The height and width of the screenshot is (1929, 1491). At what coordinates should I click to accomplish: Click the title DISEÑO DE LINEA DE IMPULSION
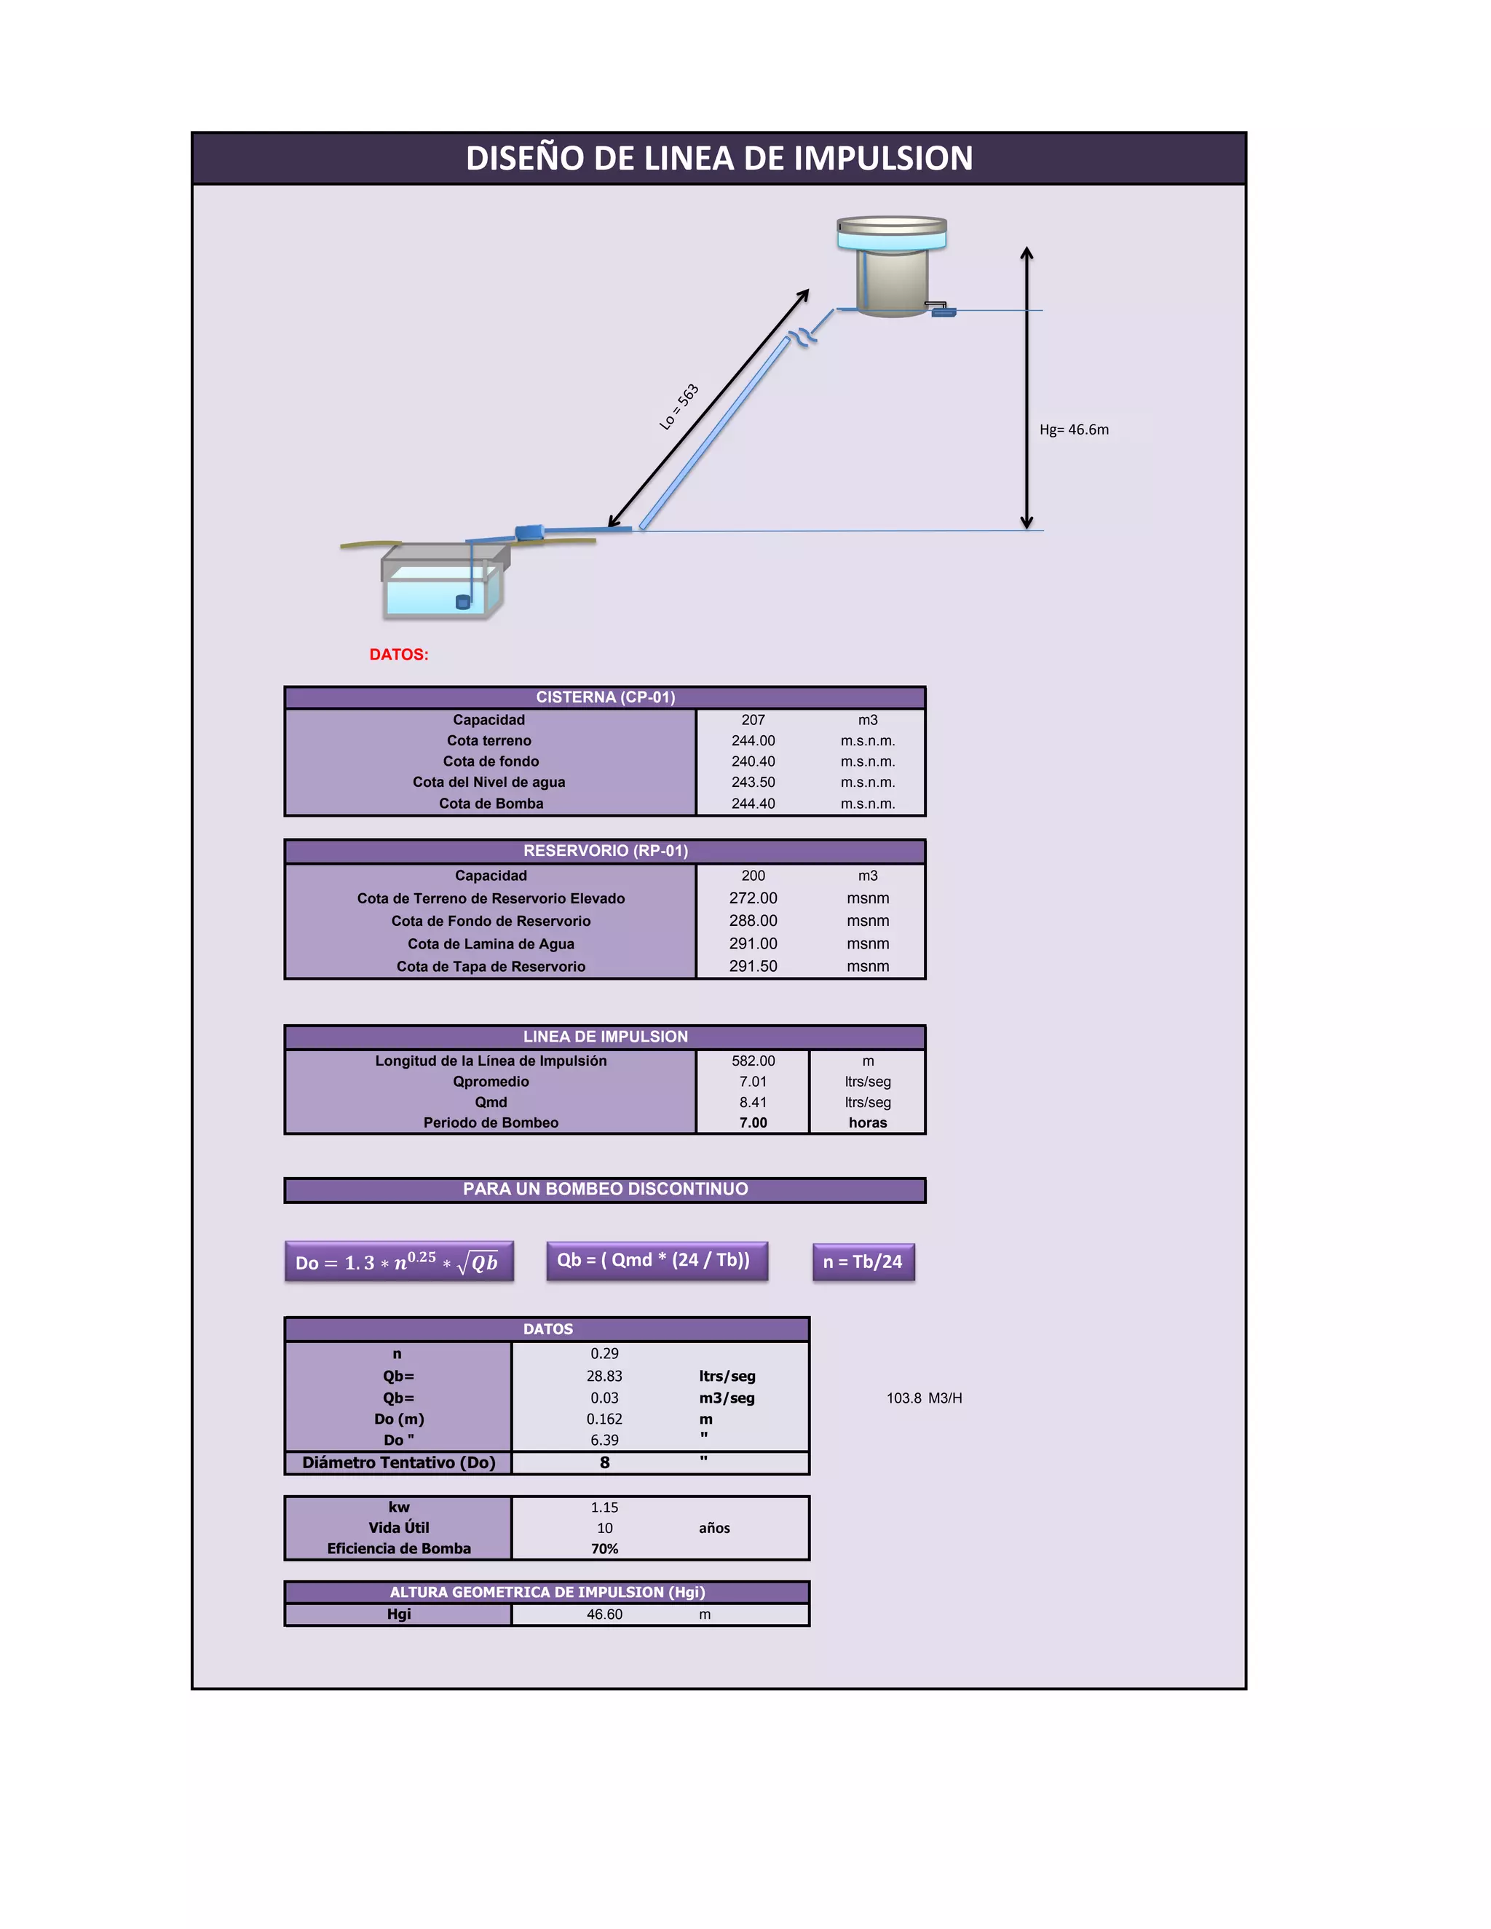[719, 158]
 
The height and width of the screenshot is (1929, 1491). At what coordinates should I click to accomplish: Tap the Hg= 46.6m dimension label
[1073, 430]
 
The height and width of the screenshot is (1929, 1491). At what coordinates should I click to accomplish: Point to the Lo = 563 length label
[679, 406]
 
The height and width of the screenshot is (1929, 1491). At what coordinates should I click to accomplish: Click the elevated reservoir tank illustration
[892, 266]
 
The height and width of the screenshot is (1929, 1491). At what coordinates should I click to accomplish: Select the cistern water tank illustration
[443, 582]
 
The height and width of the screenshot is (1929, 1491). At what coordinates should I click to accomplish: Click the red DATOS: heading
[398, 654]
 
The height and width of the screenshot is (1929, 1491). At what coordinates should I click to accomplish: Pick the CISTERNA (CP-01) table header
[605, 697]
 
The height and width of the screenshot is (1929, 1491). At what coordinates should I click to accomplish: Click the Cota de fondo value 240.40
[753, 761]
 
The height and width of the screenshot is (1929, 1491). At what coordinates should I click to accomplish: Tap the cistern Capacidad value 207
[753, 720]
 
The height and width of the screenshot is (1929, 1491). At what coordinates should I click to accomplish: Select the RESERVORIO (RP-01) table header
[605, 850]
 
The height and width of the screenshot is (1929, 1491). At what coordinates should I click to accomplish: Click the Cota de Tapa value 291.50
[753, 966]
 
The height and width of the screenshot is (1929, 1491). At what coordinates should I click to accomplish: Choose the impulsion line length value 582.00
[753, 1061]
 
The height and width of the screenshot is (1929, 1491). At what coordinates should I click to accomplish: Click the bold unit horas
[867, 1122]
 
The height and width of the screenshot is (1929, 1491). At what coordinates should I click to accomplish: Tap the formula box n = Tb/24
[863, 1261]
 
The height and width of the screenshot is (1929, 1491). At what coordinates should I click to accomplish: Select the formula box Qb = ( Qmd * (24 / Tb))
[656, 1260]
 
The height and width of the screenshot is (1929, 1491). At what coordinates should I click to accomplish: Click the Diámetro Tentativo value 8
[604, 1462]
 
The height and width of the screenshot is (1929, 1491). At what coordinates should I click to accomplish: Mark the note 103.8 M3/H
[924, 1398]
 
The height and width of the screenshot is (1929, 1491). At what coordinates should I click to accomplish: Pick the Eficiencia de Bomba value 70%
[604, 1548]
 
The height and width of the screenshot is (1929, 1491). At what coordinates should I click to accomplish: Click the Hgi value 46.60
[604, 1615]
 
